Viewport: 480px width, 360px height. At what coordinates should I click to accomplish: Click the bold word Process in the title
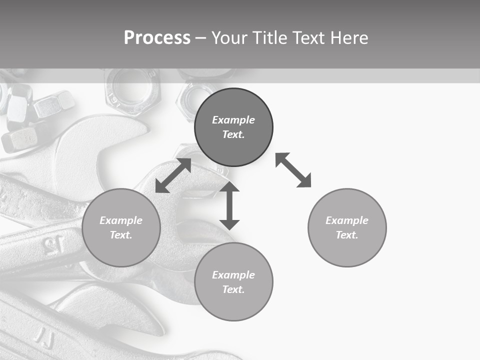(157, 38)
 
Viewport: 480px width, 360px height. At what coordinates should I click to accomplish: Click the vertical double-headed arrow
(229, 205)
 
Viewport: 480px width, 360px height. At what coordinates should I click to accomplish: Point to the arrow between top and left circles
(173, 175)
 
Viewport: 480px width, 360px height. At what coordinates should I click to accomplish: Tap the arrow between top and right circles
(293, 170)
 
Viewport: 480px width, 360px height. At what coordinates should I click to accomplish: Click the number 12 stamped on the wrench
(53, 244)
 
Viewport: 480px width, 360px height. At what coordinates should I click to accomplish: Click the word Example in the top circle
(233, 120)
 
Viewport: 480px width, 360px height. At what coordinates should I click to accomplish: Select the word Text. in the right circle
(347, 235)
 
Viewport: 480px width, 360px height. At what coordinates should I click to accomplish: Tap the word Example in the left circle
(121, 220)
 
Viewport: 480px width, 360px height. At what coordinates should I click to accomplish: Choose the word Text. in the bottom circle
(233, 289)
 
